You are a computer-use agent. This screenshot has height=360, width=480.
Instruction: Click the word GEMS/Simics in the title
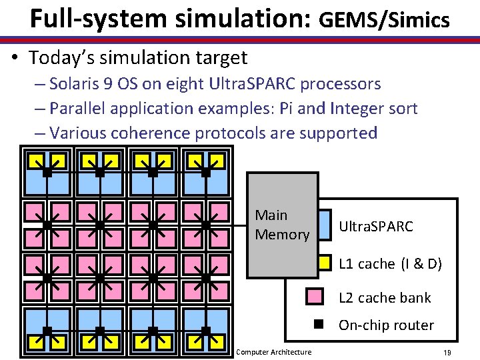coord(385,21)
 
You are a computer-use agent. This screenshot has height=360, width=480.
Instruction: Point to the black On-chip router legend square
coord(319,325)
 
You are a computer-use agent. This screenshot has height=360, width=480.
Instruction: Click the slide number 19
coord(447,352)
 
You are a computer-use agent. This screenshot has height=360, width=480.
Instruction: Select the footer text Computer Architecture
coord(274,352)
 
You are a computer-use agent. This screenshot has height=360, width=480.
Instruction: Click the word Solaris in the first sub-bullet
coord(74,84)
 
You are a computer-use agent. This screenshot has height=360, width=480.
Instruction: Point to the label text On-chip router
coord(386,325)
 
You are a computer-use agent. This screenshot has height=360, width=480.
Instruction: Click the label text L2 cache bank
coord(385,298)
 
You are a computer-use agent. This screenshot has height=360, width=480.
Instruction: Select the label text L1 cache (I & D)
coord(390,264)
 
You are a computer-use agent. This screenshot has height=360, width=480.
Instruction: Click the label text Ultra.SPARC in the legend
coord(376,227)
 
